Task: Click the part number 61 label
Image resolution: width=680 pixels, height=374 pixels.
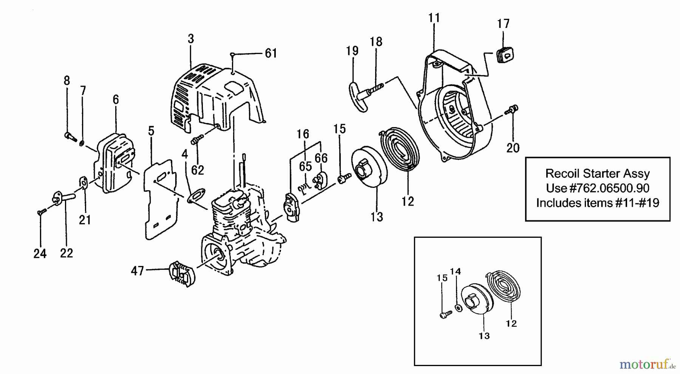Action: pos(270,53)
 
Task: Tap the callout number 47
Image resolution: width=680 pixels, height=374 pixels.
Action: pos(138,271)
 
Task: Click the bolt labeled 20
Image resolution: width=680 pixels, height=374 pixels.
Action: pos(513,109)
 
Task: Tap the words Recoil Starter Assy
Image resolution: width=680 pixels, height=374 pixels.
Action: pos(597,173)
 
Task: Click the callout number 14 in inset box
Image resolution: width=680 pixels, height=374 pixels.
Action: pos(456,271)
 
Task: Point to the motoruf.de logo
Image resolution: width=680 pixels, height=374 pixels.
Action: pos(647,364)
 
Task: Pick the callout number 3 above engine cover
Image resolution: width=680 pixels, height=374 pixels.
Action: pos(191,38)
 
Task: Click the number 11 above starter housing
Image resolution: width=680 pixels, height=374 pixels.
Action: pos(434,18)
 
